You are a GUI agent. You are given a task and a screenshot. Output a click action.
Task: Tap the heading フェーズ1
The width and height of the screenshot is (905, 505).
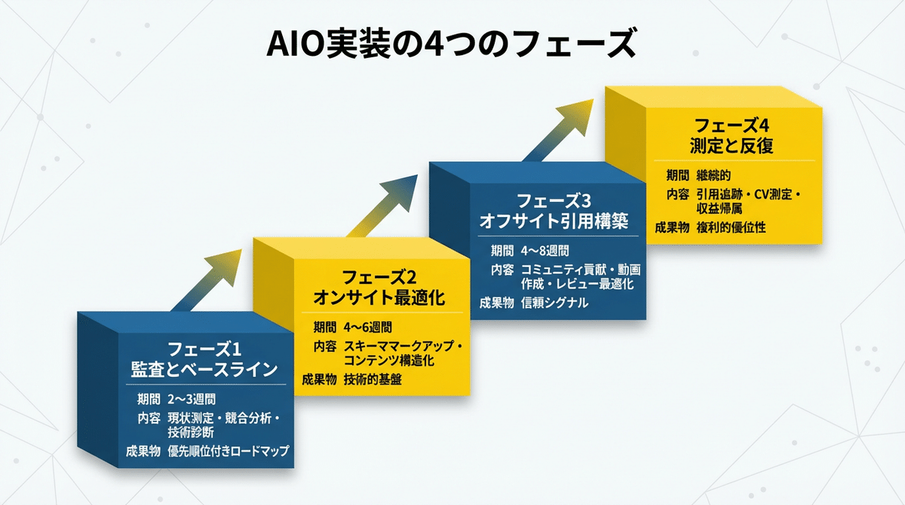click(x=203, y=350)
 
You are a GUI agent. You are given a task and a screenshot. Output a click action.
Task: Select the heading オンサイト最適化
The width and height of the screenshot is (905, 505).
click(x=379, y=297)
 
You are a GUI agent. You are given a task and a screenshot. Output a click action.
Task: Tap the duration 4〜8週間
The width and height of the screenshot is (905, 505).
click(x=545, y=251)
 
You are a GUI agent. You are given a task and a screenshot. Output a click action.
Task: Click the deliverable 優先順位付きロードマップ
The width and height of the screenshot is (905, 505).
click(x=229, y=451)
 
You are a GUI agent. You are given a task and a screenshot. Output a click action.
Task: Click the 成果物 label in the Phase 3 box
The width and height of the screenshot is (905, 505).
click(x=496, y=303)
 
